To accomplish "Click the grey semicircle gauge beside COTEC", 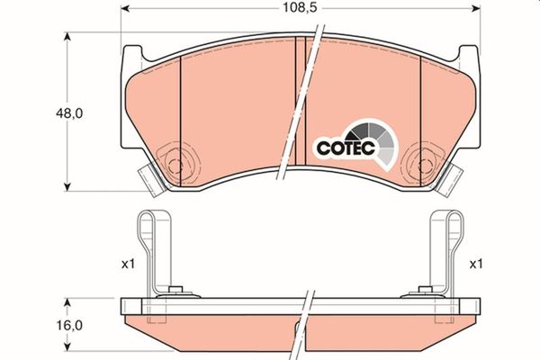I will (x=379, y=139).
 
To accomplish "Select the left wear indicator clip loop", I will (x=150, y=243).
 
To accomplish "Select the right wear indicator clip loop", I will (x=454, y=243).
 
